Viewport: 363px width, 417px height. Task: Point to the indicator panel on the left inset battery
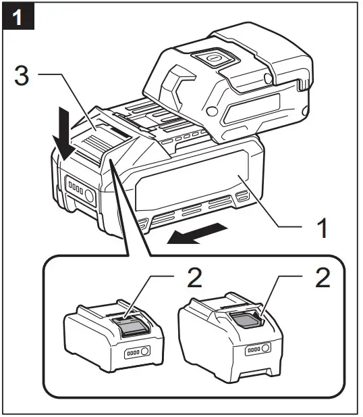(134, 353)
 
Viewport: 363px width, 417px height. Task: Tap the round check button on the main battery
(88, 197)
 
